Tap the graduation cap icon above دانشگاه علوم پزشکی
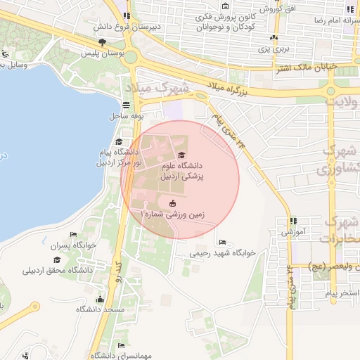[x=181, y=155]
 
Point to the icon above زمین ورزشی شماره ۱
[x=172, y=204]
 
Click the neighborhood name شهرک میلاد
[x=159, y=89]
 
